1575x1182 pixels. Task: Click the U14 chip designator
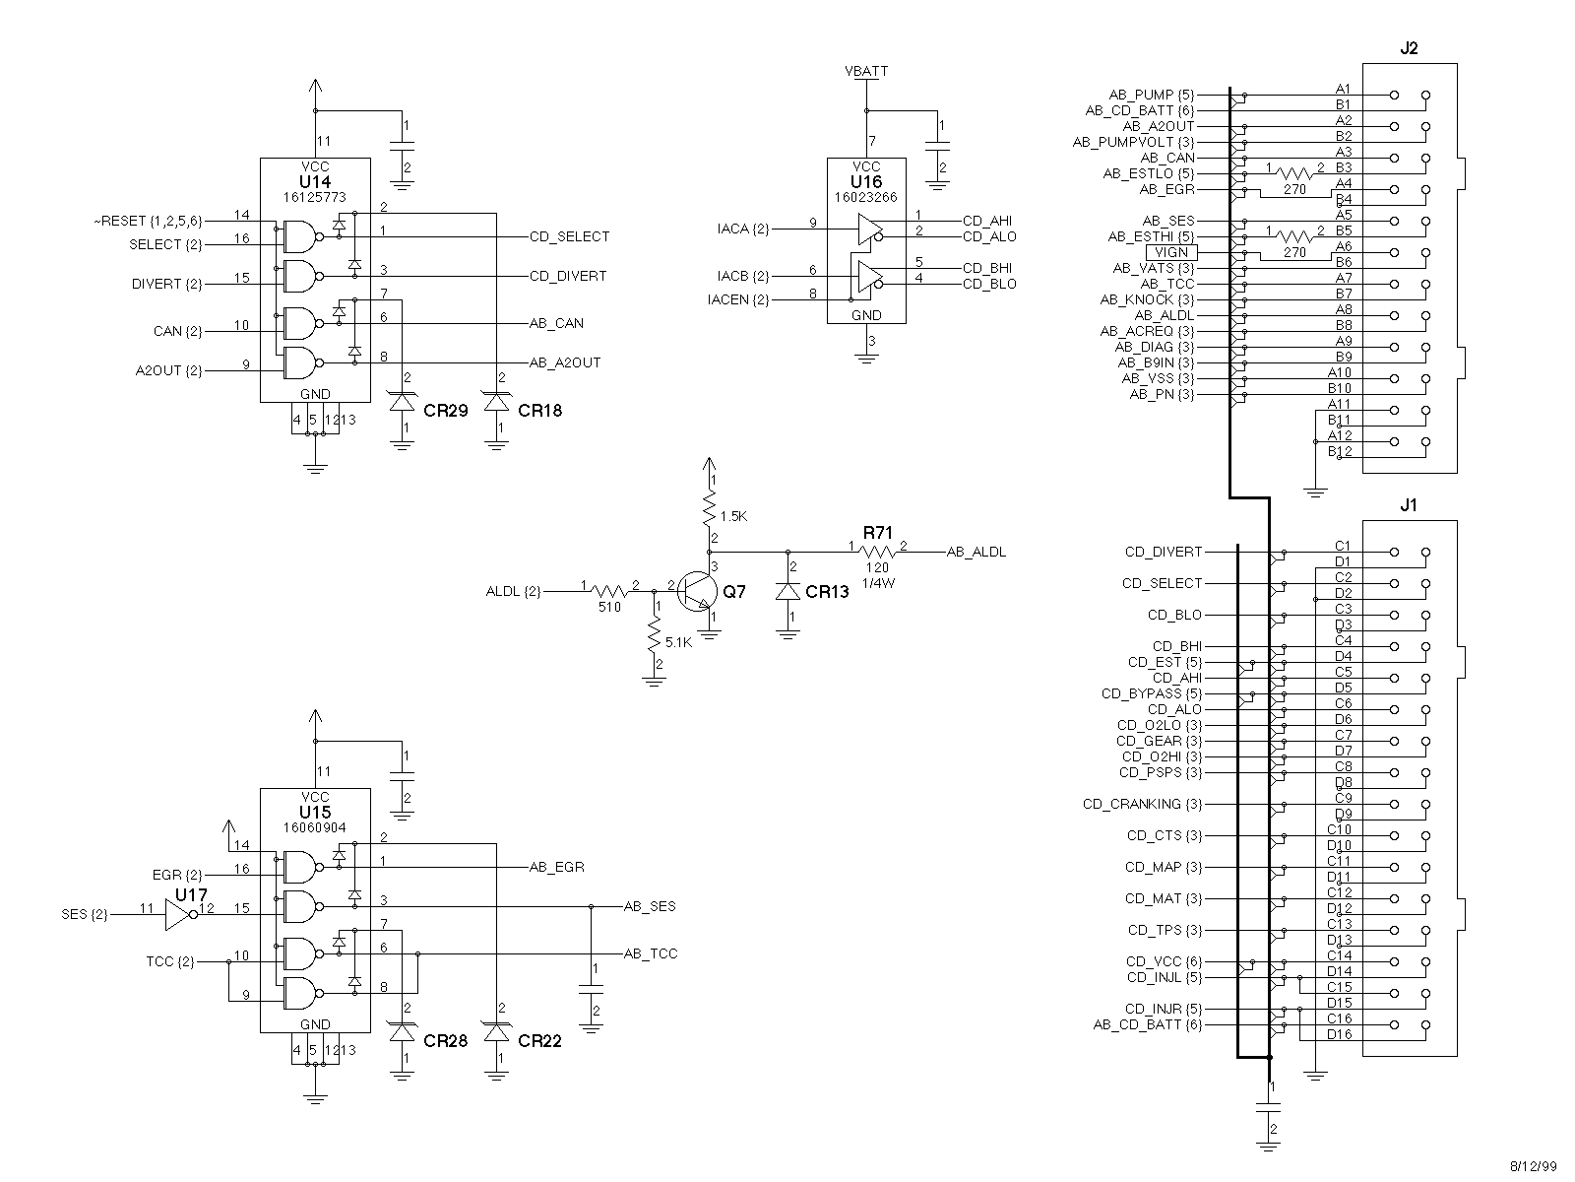[x=315, y=182]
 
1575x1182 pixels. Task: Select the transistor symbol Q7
[x=699, y=591]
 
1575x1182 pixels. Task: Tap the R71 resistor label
[x=876, y=533]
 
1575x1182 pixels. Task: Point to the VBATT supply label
[x=866, y=71]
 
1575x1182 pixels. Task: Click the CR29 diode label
[x=446, y=411]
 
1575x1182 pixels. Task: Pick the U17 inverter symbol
[x=179, y=915]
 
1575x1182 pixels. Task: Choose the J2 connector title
[x=1409, y=48]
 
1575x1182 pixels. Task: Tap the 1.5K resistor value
[x=734, y=516]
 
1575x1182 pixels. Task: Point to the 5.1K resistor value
[x=679, y=642]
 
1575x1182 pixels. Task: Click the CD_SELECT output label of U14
[x=569, y=236]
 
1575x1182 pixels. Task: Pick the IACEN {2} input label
[x=738, y=299]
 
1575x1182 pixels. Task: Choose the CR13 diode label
[x=827, y=592]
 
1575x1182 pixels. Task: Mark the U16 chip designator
[x=866, y=182]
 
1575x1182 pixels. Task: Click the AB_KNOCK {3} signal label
[x=1147, y=299]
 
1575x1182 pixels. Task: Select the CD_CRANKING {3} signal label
[x=1143, y=804]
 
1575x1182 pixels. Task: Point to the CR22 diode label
[x=539, y=1041]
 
